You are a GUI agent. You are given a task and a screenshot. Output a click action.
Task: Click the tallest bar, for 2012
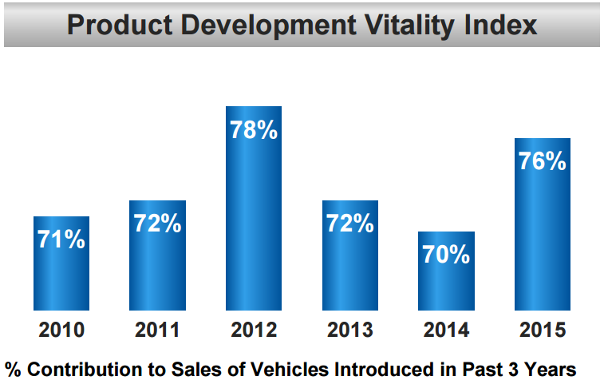(254, 208)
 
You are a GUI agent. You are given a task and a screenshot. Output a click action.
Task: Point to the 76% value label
(542, 161)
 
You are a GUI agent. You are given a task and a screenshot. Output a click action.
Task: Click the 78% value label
(254, 130)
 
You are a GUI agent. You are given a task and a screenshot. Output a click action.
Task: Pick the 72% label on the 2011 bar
(157, 224)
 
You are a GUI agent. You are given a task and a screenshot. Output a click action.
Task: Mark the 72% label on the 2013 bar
(349, 224)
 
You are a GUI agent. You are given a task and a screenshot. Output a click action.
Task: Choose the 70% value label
(446, 255)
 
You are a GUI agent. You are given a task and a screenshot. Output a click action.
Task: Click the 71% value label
(61, 240)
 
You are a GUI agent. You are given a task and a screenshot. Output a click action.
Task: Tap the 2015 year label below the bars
(542, 330)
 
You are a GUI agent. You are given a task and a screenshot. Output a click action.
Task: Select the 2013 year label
(349, 330)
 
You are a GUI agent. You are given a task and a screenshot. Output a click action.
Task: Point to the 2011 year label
(157, 330)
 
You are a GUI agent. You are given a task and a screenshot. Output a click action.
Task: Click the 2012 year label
(254, 330)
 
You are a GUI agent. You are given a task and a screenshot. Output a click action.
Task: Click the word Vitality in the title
(413, 26)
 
